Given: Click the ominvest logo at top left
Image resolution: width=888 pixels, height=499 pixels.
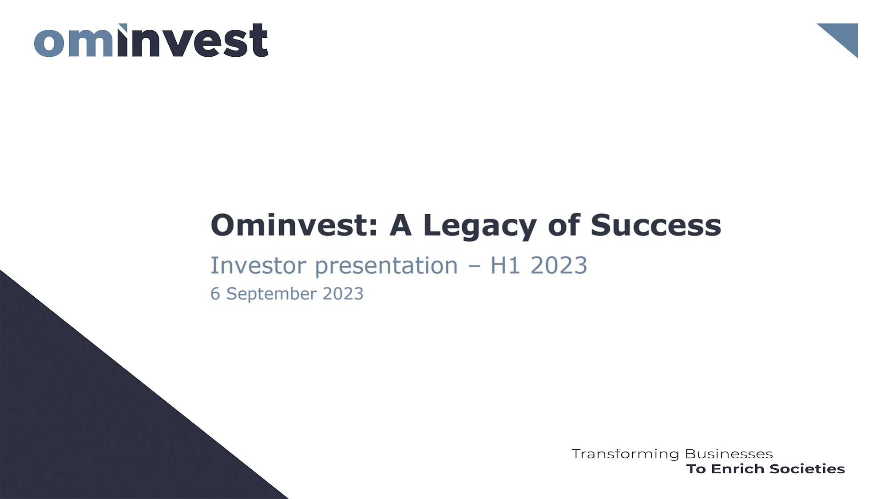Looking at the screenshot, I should (151, 41).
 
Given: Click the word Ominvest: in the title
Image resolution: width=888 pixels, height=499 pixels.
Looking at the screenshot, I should (294, 225).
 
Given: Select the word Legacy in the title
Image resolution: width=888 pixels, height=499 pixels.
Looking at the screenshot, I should (480, 226).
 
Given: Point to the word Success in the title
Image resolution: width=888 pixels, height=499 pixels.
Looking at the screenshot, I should (655, 225).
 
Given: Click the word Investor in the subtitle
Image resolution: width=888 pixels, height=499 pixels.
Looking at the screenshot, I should (258, 266).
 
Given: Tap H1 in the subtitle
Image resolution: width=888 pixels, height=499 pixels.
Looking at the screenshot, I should (505, 266).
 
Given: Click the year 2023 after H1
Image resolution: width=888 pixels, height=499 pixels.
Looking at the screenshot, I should (559, 266).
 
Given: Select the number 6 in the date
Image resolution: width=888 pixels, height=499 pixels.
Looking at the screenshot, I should (215, 294).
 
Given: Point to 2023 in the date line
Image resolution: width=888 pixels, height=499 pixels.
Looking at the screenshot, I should (343, 294).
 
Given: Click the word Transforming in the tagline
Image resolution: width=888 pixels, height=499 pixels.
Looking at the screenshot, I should (625, 454).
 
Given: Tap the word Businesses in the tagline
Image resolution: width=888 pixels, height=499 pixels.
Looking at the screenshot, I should (729, 454).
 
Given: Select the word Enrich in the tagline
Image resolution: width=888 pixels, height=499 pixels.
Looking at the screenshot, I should (737, 469).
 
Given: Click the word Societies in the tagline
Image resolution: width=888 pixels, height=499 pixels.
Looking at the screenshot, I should (807, 469).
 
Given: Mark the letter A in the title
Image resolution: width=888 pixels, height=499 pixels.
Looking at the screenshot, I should (400, 225).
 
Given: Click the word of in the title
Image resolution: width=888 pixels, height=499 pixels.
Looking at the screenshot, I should (564, 225).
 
